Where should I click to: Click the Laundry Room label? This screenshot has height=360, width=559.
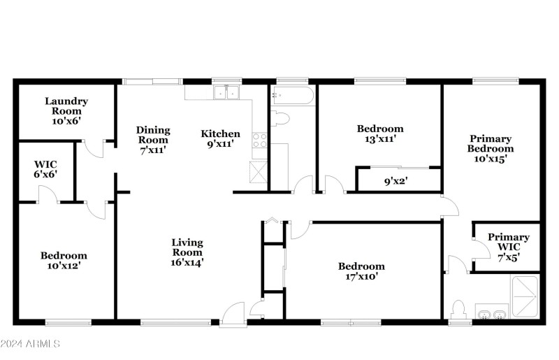pos(64,110)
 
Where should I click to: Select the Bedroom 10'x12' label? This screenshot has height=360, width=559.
pos(64,261)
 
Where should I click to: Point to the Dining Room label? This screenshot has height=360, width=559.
pos(152,139)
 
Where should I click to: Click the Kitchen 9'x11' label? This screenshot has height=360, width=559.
pos(221,138)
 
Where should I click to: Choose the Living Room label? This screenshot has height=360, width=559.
pos(188,252)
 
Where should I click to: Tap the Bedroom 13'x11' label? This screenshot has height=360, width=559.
pos(380,134)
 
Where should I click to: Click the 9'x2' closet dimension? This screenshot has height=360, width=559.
pos(396,181)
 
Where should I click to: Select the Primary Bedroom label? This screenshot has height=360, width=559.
pos(491,148)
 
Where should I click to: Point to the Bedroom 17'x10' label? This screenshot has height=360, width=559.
pos(361,271)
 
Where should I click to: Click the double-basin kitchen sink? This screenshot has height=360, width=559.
pos(226,93)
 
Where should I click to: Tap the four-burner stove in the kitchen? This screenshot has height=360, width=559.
pos(259,140)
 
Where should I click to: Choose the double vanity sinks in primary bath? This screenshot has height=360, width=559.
pos(491,313)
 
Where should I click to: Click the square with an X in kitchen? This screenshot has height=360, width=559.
pos(258,171)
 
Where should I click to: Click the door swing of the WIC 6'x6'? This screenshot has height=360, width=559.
pos(48,197)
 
